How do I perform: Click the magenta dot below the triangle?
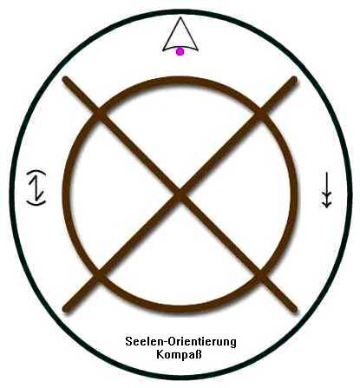[180, 52]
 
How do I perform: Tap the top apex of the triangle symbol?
[180, 17]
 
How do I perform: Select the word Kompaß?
[179, 354]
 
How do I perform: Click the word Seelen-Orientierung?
[180, 342]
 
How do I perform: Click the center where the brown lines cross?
[180, 194]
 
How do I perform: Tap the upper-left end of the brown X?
[66, 80]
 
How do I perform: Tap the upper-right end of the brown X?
[294, 80]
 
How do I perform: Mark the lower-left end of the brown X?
[66, 308]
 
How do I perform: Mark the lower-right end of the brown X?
[294, 308]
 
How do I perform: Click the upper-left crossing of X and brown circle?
[99, 113]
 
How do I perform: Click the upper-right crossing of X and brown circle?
[261, 113]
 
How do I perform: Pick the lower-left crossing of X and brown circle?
[99, 274]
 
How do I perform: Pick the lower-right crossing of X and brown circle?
[261, 274]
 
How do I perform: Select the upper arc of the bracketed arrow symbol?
[36, 172]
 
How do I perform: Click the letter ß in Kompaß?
[198, 354]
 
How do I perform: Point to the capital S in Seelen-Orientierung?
[128, 342]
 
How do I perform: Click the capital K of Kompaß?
[160, 354]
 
